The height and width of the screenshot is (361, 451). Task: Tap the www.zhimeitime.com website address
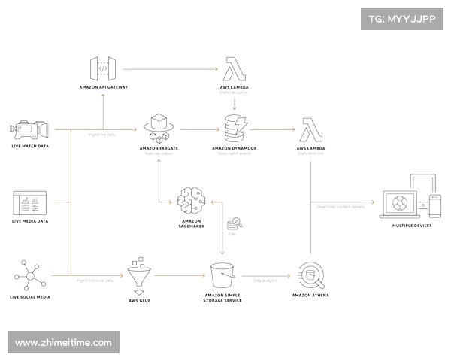click(x=63, y=342)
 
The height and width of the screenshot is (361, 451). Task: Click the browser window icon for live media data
click(x=29, y=202)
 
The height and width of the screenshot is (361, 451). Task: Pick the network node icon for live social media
click(x=29, y=275)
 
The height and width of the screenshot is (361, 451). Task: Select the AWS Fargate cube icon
click(x=159, y=126)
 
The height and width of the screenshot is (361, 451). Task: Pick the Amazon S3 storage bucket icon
click(x=222, y=276)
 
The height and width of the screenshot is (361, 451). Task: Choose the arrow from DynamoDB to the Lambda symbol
click(x=274, y=128)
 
